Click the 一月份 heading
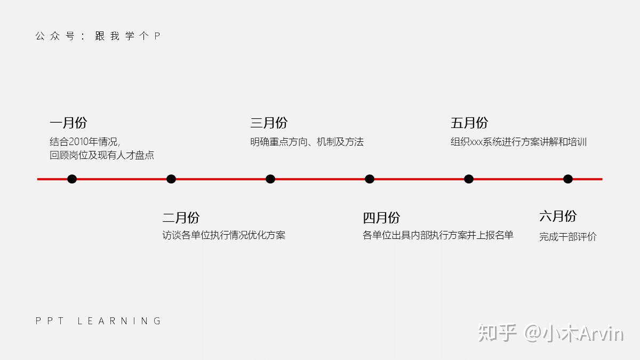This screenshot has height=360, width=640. tap(68, 123)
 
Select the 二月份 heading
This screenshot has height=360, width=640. tap(181, 218)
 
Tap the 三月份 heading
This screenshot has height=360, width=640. tap(269, 123)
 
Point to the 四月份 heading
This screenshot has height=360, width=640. tap(381, 218)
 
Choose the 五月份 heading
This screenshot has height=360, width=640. tap(469, 123)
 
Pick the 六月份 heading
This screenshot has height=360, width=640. tap(558, 216)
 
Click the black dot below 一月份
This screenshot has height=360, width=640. tap(72, 179)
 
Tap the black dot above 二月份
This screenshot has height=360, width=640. tap(171, 179)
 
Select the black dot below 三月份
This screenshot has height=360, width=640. tap(270, 179)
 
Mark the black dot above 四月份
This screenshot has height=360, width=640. tap(370, 179)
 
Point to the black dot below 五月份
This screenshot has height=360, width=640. tap(469, 179)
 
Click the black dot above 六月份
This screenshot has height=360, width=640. tap(568, 179)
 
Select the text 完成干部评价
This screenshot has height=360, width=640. tap(567, 237)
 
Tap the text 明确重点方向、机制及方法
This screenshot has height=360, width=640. tap(307, 142)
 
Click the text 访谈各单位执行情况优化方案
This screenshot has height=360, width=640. tap(223, 235)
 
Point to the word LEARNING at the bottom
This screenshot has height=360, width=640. tap(119, 321)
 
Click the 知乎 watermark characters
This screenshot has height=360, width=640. tap(498, 333)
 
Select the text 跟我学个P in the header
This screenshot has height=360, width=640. tap(127, 36)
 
